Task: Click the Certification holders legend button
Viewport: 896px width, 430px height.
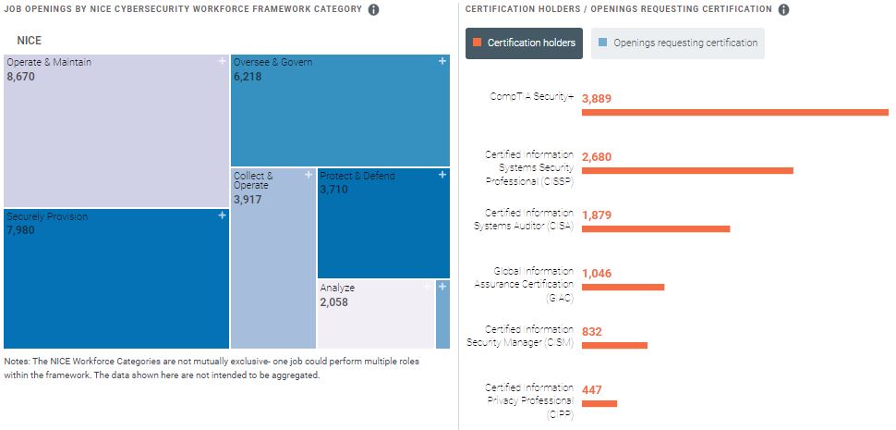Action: point(524,43)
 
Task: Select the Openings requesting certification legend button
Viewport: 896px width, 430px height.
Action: point(677,43)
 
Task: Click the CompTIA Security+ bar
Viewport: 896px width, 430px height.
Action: point(734,113)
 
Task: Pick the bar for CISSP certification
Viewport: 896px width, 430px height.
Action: point(687,171)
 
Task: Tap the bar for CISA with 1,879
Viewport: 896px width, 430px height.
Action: point(656,228)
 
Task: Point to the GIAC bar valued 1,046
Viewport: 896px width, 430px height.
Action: point(623,287)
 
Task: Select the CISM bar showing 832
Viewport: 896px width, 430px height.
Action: point(614,345)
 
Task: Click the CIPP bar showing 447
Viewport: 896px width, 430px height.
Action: point(599,403)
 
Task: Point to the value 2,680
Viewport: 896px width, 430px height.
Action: point(597,157)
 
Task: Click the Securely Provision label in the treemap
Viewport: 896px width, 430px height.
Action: point(47,217)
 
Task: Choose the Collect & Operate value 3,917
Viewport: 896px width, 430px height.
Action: point(249,199)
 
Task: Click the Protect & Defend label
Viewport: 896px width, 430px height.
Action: point(357,176)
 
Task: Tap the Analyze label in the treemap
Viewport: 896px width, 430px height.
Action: point(337,289)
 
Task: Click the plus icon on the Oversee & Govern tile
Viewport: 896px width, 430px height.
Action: point(442,62)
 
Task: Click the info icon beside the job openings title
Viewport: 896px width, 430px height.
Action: point(373,10)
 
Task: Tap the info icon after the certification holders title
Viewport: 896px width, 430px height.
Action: point(783,10)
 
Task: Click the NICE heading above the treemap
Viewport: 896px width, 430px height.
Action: point(30,41)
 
